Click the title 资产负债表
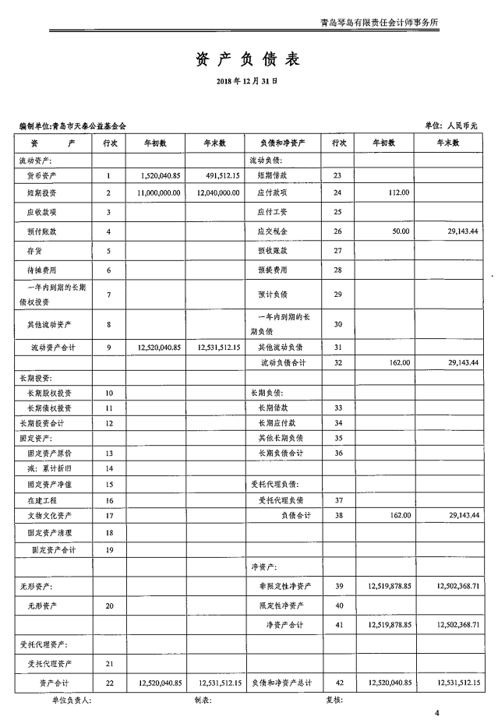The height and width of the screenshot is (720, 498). (247, 59)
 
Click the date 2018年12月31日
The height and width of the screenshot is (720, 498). (247, 80)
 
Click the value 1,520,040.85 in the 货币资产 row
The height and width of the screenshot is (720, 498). (161, 175)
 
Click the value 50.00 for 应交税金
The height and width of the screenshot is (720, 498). (401, 231)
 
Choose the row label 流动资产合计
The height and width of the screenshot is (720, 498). (52, 347)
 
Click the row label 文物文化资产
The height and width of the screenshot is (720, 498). (48, 516)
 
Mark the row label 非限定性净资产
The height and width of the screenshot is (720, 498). (285, 585)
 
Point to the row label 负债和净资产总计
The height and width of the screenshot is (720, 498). (282, 683)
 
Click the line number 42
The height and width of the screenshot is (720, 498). (337, 683)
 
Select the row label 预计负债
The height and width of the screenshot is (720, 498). (273, 295)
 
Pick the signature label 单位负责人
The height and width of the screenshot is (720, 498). (70, 701)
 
